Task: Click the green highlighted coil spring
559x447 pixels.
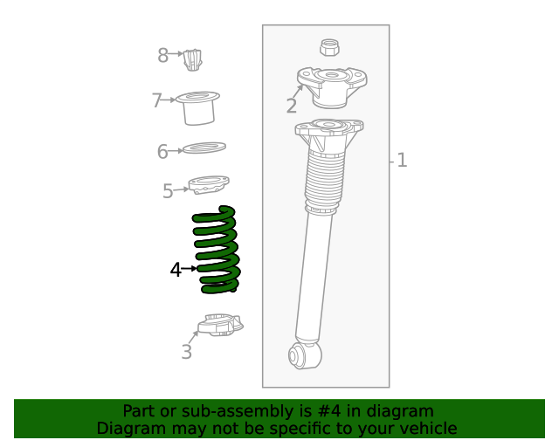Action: click(217, 250)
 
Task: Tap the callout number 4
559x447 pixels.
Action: click(176, 271)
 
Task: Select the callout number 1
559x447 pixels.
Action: click(402, 161)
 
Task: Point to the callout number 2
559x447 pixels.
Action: click(291, 107)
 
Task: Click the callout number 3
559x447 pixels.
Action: click(186, 352)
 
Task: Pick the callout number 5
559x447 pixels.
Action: click(168, 191)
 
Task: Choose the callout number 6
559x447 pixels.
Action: click(162, 152)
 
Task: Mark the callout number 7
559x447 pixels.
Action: click(157, 100)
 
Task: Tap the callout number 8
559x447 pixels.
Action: click(162, 56)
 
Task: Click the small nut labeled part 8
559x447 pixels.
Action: click(194, 60)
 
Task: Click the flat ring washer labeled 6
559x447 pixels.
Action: click(204, 148)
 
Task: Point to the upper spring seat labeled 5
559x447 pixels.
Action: click(209, 185)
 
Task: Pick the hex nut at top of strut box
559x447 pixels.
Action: click(330, 47)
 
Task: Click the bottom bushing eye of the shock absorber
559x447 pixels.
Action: click(302, 354)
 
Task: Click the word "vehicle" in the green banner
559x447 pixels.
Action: click(427, 428)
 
